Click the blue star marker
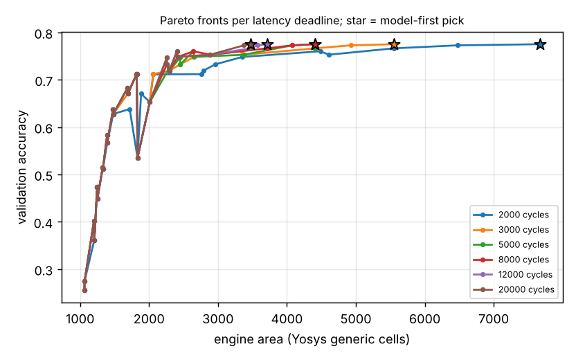tap(540, 44)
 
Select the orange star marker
tap(394, 44)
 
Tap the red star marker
tap(315, 45)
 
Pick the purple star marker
tap(267, 45)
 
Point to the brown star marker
tap(251, 45)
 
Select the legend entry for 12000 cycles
tap(513, 275)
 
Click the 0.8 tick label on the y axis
tap(44, 34)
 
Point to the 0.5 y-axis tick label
tap(44, 176)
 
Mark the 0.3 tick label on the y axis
tap(44, 271)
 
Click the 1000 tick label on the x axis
tap(80, 319)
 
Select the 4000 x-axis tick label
tap(287, 319)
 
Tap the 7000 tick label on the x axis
tap(494, 319)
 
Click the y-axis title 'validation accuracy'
tap(22, 167)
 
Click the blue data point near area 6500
tap(458, 45)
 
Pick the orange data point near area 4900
tap(351, 45)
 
